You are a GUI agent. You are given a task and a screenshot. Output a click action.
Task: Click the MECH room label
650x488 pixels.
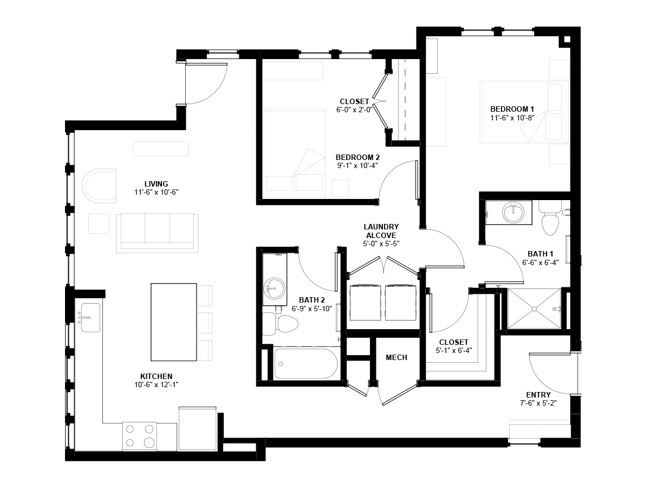(x=396, y=357)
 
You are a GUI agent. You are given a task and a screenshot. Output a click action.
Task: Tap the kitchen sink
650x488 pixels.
(x=90, y=317)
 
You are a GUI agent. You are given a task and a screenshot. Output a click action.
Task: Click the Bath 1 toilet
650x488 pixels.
(x=550, y=218)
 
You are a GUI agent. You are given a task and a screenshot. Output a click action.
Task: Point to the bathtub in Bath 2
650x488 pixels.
(x=306, y=363)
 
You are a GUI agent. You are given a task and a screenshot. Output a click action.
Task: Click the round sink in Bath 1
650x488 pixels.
(x=513, y=213)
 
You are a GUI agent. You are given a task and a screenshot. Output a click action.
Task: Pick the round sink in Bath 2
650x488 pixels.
(x=274, y=288)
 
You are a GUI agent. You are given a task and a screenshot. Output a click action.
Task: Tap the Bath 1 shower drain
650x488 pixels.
(x=534, y=309)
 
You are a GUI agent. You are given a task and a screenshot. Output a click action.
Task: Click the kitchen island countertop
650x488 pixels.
(x=173, y=322)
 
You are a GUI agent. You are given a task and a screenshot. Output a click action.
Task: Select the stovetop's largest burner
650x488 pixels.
(x=149, y=442)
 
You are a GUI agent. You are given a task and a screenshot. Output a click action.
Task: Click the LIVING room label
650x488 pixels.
(x=156, y=184)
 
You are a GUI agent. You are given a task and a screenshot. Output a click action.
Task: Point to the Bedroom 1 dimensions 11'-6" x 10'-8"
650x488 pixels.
(x=512, y=118)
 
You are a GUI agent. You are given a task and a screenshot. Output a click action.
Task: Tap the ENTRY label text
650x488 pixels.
(x=538, y=395)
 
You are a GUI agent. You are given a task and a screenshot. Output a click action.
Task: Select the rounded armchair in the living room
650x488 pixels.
(x=99, y=186)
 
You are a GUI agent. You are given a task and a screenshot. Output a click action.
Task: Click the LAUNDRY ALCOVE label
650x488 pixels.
(x=381, y=231)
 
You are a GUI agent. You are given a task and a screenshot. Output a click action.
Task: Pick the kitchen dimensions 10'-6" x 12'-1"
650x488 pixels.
(x=156, y=384)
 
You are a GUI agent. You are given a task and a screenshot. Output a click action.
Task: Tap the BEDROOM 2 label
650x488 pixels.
(x=357, y=157)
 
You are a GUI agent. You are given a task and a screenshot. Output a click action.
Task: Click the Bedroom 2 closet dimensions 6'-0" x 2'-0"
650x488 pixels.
(x=354, y=110)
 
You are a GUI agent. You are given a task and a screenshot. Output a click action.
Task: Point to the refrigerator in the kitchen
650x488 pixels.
(x=198, y=429)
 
